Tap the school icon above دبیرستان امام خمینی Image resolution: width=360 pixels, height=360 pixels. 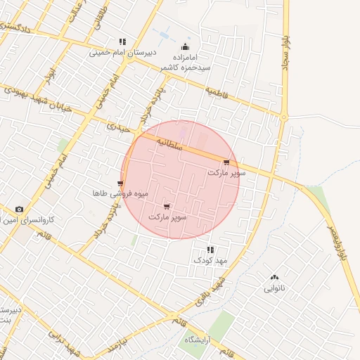coord(123,41)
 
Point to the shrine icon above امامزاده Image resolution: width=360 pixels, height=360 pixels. coord(186,42)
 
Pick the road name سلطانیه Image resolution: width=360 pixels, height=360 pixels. coord(169,144)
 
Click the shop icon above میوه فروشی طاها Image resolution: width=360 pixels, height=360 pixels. coord(120,183)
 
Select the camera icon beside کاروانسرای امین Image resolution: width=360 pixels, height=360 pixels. coord(18,210)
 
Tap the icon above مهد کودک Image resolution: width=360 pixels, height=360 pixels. coord(210,250)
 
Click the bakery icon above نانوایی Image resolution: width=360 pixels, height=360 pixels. coord(274,278)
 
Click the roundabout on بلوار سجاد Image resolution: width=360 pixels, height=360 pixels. coord(284,116)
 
